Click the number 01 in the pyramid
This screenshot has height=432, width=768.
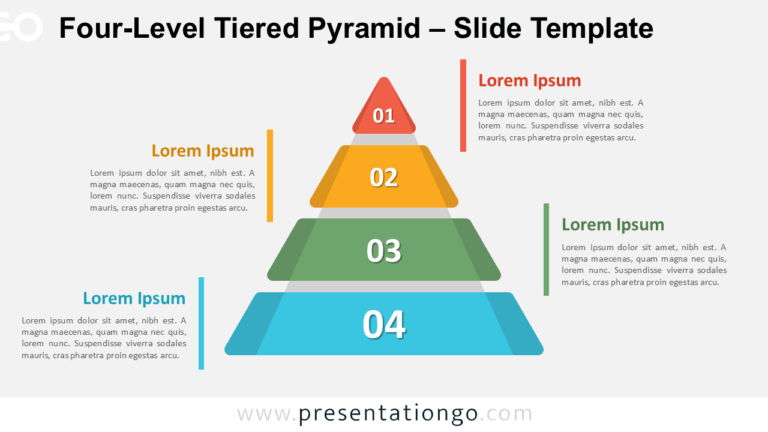[x=383, y=116]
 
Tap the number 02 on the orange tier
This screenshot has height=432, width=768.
[x=383, y=177]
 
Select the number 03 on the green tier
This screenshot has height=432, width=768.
[x=383, y=251]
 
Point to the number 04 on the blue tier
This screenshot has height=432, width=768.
[x=384, y=325]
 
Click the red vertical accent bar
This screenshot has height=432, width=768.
[x=463, y=106]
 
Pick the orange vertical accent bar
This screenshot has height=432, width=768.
[x=270, y=176]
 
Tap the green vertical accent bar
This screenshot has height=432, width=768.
[x=546, y=250]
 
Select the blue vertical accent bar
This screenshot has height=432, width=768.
[x=201, y=323]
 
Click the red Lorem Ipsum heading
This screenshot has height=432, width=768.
[x=530, y=81]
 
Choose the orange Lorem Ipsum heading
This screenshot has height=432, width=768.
[x=203, y=151]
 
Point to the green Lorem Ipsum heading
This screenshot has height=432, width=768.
[x=613, y=225]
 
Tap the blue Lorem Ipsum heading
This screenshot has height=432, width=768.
[x=134, y=298]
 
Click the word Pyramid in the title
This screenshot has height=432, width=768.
[x=364, y=29]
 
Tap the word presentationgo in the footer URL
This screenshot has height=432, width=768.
[x=388, y=414]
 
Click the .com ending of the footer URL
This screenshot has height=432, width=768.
[x=506, y=414]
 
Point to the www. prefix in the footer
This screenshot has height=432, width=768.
[x=266, y=415]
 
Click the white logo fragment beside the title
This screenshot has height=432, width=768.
[x=20, y=28]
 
